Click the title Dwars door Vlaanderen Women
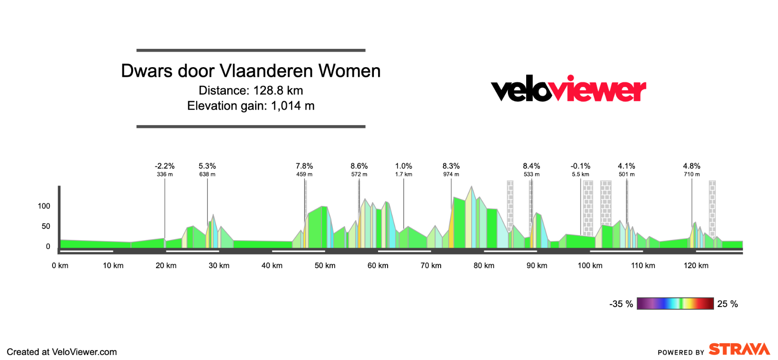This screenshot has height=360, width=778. [250, 71]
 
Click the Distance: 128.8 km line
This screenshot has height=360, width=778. [250, 90]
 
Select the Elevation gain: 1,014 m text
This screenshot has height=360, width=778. [250, 106]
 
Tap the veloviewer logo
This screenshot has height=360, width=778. [568, 89]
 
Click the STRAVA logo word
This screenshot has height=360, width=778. [739, 349]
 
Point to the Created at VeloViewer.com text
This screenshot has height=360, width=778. [62, 352]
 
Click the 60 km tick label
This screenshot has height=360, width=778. [378, 265]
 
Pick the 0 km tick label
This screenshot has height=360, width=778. [60, 265]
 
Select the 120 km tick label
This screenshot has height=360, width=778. [696, 265]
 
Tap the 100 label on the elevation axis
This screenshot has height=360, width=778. [44, 206]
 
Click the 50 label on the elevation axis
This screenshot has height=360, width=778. [46, 226]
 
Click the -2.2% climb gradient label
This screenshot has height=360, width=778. [165, 166]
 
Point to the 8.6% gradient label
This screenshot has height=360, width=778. [359, 166]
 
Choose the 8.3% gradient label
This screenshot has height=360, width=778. [451, 166]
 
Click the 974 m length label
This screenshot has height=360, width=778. [451, 174]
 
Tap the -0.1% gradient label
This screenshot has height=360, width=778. [580, 166]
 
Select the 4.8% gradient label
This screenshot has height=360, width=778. [691, 166]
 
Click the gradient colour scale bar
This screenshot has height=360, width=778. [675, 303]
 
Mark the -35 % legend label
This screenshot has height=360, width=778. [621, 304]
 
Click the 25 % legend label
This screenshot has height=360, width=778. [727, 304]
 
